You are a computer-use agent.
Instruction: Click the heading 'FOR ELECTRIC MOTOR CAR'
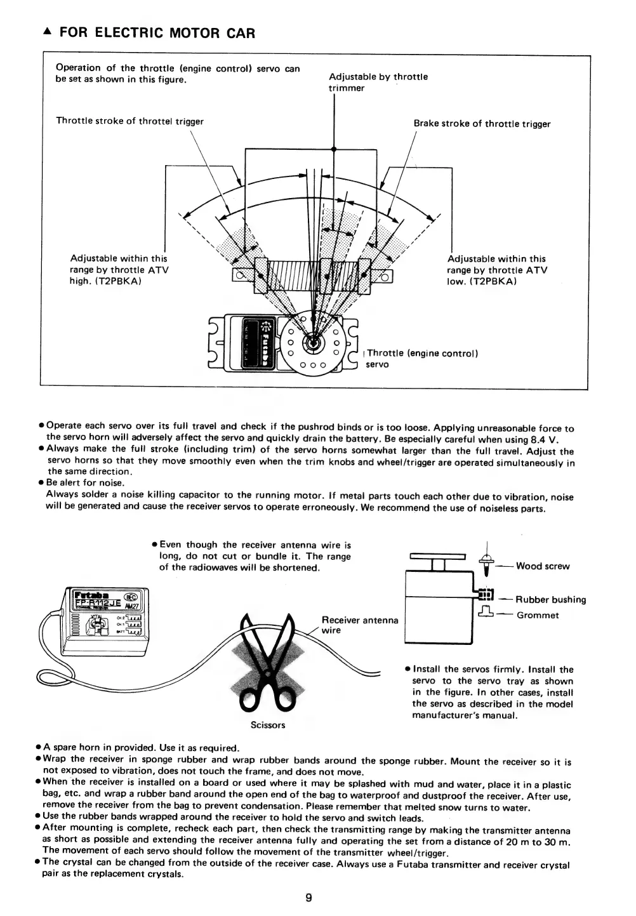[157, 33]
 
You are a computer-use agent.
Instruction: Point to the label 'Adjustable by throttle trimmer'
[378, 82]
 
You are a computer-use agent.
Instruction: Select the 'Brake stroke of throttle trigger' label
[482, 124]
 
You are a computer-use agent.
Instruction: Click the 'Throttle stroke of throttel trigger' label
[129, 121]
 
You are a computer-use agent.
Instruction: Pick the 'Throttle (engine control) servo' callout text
[421, 359]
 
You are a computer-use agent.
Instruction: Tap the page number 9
[308, 898]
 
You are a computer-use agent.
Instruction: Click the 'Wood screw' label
[543, 566]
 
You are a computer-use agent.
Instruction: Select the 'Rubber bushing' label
[550, 599]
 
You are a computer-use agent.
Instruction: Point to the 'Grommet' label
[538, 615]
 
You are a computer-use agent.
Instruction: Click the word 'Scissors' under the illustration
[268, 725]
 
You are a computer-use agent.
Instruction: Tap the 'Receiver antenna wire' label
[360, 625]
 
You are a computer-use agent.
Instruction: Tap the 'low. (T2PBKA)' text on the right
[482, 281]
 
